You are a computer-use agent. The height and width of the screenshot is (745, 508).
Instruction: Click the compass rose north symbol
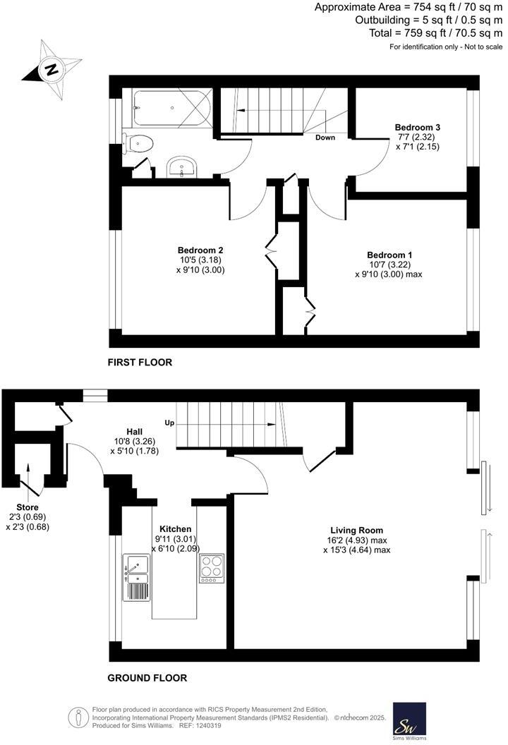tap(50, 69)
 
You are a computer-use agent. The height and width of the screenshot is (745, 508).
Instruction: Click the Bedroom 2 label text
tap(200, 250)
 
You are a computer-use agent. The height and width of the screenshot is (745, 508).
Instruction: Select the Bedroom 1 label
tap(389, 255)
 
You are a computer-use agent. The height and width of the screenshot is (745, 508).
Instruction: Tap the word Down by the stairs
tap(325, 138)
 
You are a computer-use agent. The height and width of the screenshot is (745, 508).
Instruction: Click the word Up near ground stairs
tap(169, 423)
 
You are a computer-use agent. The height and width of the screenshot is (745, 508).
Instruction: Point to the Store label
tap(28, 507)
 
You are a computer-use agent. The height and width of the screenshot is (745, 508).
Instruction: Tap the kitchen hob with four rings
tap(212, 568)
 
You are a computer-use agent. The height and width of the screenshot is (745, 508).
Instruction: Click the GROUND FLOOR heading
tap(147, 678)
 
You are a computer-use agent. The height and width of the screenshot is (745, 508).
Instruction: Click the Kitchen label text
tap(175, 528)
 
